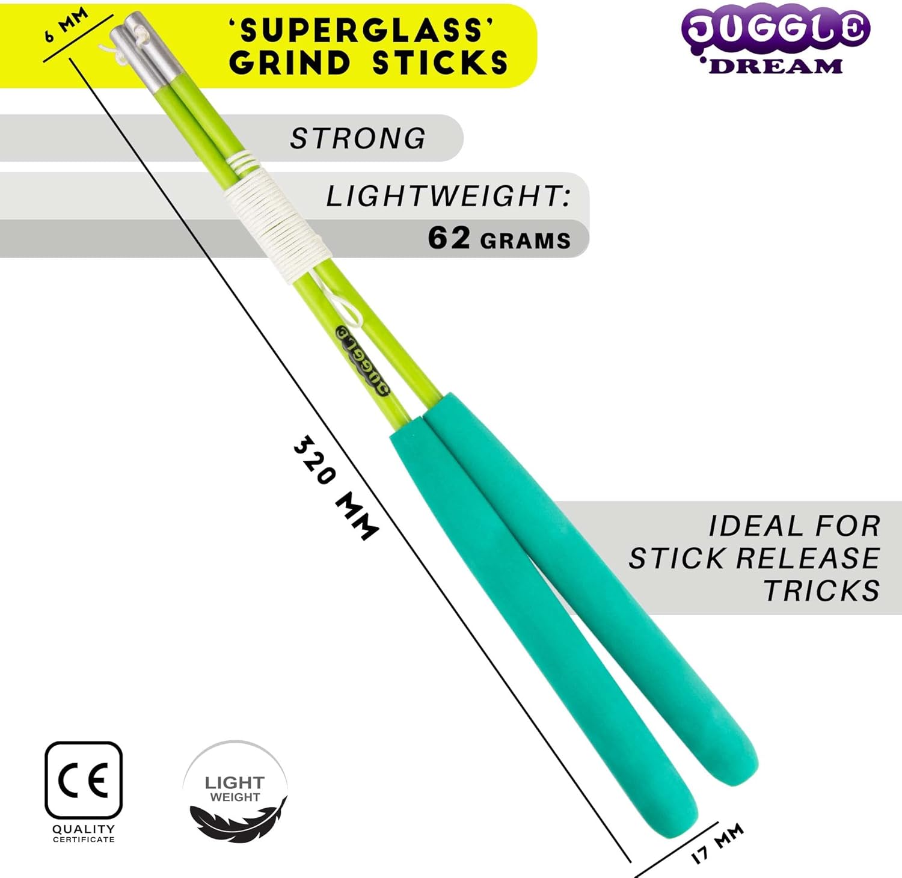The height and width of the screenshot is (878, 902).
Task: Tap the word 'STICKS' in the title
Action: click(440, 63)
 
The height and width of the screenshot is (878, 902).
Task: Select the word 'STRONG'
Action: click(358, 138)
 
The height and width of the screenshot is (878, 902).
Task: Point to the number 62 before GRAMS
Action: click(449, 238)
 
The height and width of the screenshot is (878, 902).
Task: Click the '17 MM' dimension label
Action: click(717, 843)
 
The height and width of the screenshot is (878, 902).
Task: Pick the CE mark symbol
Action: click(84, 780)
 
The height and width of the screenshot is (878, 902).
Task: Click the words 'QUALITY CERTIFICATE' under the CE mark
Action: click(84, 833)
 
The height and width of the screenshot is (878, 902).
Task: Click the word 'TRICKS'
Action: click(822, 591)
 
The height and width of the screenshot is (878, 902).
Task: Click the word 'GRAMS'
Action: click(526, 241)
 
